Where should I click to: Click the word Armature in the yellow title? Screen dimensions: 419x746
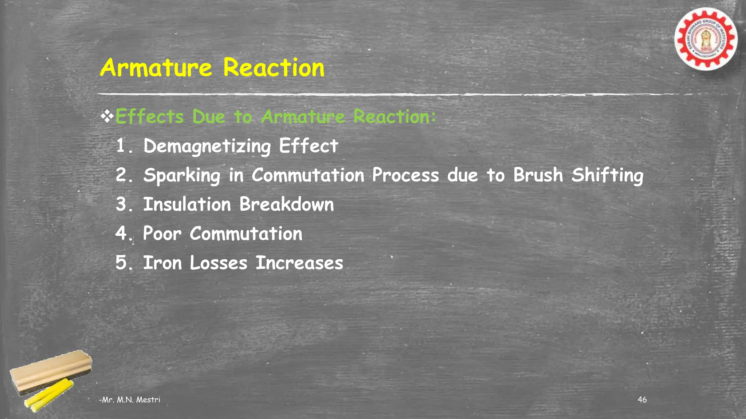[156, 68]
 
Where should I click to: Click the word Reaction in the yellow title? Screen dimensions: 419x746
[274, 68]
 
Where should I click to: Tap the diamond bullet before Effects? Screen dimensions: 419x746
[107, 117]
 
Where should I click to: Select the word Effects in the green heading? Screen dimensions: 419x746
[149, 117]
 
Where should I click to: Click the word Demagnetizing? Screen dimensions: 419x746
[207, 147]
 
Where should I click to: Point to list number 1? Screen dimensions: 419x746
[122, 146]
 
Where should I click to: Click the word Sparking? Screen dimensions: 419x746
[182, 176]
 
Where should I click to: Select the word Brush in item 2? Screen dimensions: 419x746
[538, 175]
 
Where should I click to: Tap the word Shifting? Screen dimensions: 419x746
[607, 176]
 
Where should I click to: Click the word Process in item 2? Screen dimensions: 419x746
[405, 175]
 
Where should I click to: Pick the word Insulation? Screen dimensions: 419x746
[187, 204]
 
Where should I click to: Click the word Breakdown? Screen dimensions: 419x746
[286, 204]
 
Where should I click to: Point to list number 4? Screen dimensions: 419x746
[121, 234]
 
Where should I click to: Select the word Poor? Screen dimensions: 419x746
[162, 234]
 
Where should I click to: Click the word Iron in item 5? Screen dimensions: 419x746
[162, 263]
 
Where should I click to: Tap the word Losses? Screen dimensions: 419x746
[218, 263]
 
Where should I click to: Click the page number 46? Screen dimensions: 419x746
[642, 399]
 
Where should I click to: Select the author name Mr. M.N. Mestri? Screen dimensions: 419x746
[130, 400]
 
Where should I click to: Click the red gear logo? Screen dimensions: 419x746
[706, 39]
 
